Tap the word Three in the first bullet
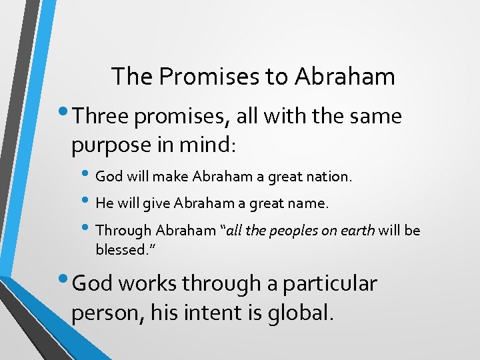tap(101, 117)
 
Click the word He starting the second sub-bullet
tap(105, 203)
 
